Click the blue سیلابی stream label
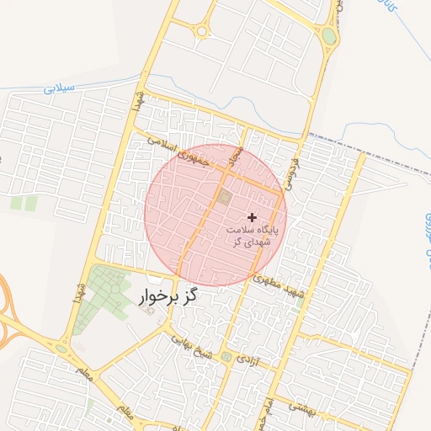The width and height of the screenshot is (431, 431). (x=58, y=87)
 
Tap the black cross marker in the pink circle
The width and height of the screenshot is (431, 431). (x=252, y=217)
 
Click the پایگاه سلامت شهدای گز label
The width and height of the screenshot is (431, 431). (x=252, y=235)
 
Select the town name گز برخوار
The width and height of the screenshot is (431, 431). (x=168, y=297)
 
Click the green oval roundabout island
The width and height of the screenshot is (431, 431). (x=329, y=37)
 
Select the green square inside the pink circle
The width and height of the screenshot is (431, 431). (x=225, y=197)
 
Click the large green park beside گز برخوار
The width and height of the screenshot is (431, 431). (x=105, y=290)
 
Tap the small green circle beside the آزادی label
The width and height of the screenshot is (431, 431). (x=227, y=358)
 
